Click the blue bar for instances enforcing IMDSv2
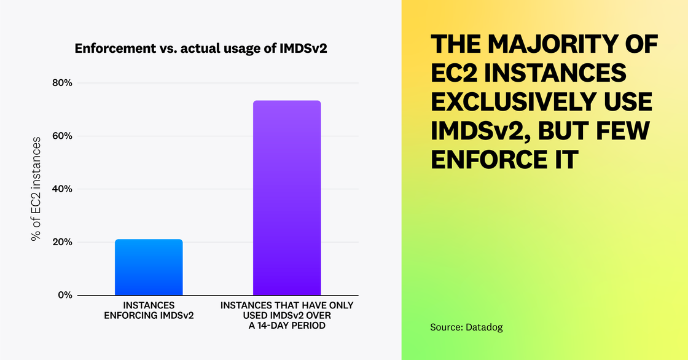coord(149,267)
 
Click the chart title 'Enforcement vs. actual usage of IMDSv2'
coord(201,49)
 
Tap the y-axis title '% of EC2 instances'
coord(36,189)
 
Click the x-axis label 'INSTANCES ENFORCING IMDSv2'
coord(149,310)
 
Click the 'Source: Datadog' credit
coord(466,327)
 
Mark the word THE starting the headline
coord(456,45)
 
